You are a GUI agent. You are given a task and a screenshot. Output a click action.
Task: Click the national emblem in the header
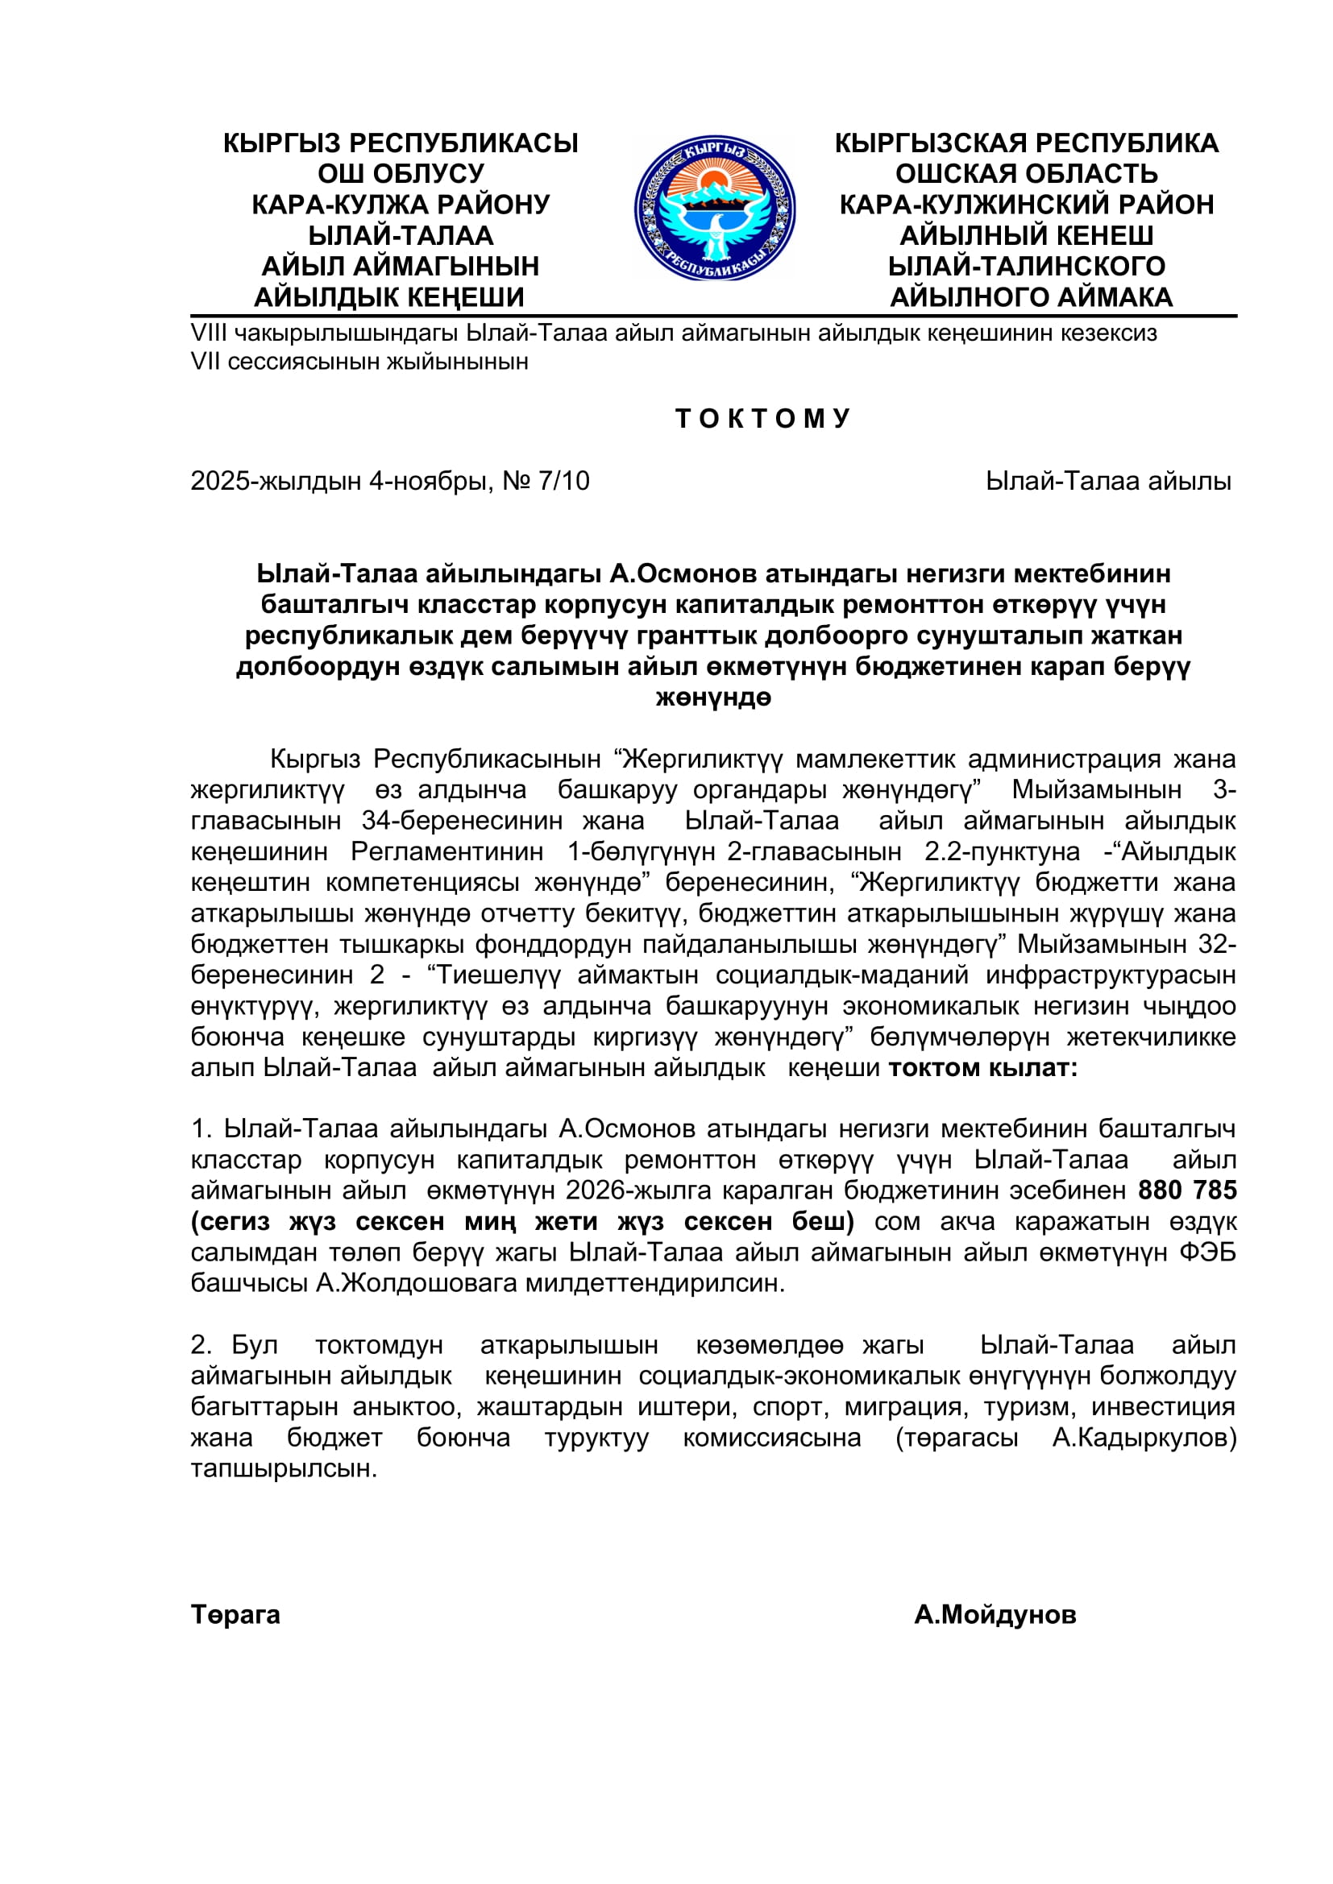tap(714, 209)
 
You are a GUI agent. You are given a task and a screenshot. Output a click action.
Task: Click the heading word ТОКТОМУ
tap(762, 419)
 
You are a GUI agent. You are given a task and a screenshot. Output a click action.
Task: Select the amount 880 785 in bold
tap(1187, 1190)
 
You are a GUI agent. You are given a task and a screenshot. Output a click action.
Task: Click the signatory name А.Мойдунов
tap(995, 1615)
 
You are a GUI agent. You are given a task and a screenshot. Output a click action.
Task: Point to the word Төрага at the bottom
tap(235, 1615)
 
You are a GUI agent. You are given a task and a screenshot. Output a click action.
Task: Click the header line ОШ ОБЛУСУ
tap(401, 174)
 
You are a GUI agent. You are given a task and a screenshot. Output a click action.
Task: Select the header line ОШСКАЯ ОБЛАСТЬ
tap(1026, 174)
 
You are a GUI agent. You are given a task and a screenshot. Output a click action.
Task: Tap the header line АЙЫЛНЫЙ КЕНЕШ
tap(1026, 235)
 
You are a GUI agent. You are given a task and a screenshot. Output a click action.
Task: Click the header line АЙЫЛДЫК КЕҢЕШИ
tap(389, 297)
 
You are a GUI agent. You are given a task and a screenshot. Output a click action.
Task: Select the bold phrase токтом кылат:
tap(983, 1067)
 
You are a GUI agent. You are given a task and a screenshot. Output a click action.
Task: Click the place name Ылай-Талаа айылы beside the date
tap(1108, 481)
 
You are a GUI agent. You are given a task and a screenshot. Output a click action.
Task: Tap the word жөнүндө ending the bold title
tap(713, 698)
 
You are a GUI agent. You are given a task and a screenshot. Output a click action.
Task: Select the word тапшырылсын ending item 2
tap(283, 1469)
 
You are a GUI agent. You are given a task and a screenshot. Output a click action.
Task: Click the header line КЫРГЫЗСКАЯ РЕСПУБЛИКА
tap(1026, 143)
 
